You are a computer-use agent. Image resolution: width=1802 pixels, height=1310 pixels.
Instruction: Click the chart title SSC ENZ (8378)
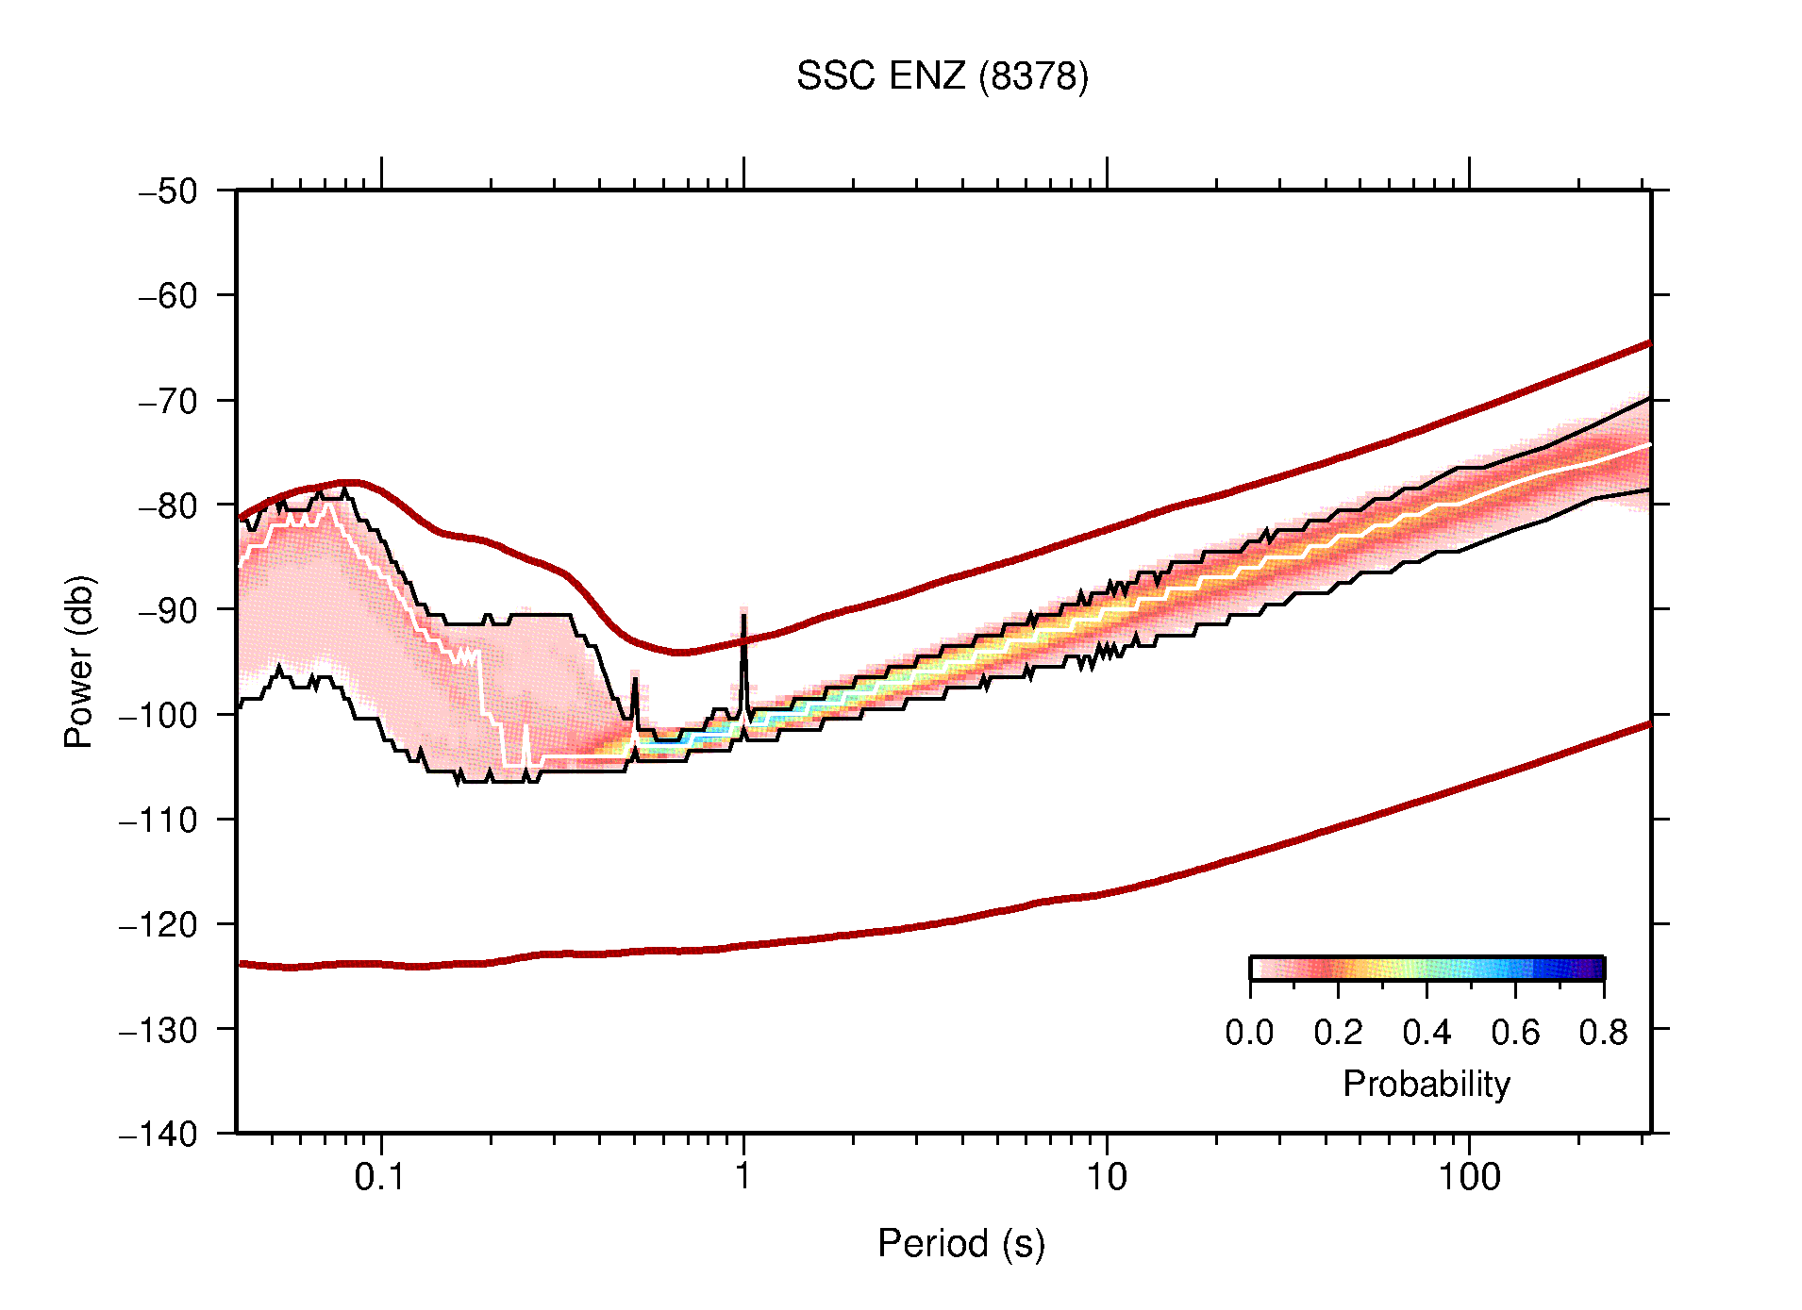[942, 76]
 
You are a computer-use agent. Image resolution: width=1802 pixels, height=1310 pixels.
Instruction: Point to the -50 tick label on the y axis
[168, 191]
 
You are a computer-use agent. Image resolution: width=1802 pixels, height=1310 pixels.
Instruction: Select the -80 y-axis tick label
[168, 506]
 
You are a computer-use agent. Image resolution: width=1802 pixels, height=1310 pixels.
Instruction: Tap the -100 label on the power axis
[159, 715]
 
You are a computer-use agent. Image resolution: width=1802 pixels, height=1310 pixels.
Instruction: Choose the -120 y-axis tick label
[159, 925]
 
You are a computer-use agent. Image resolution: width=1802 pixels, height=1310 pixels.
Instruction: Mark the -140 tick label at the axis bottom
[159, 1135]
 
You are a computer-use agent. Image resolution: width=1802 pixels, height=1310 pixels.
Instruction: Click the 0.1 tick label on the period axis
[380, 1177]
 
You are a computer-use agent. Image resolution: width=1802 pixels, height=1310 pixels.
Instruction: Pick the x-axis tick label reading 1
[743, 1177]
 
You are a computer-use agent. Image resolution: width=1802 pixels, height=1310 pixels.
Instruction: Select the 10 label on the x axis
[1106, 1177]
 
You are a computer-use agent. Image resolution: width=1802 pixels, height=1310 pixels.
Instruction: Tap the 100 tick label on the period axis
[1468, 1177]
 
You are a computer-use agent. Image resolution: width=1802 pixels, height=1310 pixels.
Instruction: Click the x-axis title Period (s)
[961, 1244]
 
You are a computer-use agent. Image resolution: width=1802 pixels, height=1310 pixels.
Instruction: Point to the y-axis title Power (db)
[79, 661]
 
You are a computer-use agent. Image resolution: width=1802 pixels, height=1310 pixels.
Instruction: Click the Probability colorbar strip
[1427, 969]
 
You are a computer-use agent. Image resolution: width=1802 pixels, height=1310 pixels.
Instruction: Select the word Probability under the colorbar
[1427, 1084]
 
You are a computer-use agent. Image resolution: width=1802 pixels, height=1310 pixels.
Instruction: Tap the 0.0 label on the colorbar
[1249, 1033]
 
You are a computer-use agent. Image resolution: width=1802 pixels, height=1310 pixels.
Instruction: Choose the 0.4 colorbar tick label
[1427, 1033]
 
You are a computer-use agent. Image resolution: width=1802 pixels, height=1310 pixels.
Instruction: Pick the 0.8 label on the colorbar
[1603, 1033]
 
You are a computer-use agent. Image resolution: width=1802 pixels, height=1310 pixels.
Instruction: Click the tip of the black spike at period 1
[743, 616]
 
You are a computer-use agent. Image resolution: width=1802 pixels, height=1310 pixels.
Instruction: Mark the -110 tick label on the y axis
[159, 821]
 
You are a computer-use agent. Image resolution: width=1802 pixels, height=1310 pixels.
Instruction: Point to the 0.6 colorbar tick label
[1515, 1033]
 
